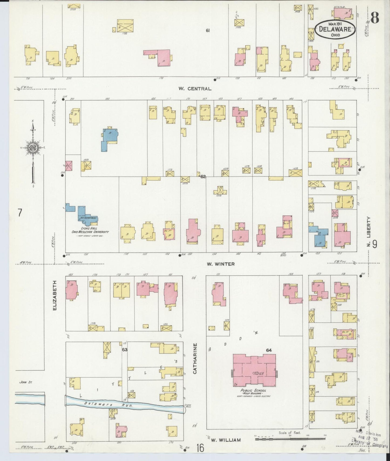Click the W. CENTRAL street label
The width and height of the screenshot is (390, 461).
click(x=195, y=88)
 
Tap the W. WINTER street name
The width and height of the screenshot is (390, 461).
click(x=221, y=264)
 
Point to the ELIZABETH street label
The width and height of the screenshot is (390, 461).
click(x=55, y=295)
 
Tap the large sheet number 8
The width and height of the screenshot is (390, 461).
click(x=375, y=19)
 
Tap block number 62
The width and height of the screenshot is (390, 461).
click(x=203, y=177)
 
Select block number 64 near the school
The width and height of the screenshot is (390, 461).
click(x=269, y=350)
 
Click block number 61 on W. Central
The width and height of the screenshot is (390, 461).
click(x=207, y=30)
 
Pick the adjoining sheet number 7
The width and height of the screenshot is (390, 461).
click(x=19, y=213)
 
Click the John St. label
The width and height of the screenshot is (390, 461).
click(x=26, y=382)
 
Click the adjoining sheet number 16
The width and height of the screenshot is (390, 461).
click(x=200, y=449)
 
